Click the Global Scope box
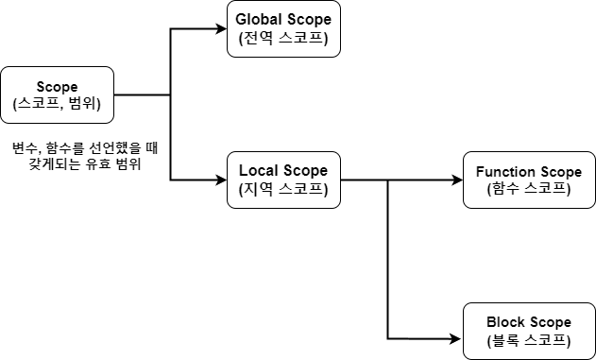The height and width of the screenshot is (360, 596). [x=283, y=29]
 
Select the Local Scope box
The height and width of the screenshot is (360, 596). [x=283, y=180]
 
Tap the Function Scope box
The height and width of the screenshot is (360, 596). [x=528, y=180]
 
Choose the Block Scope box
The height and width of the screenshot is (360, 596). [x=528, y=331]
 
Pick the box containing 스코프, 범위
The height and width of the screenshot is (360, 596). [x=57, y=95]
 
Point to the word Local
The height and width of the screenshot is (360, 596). [x=259, y=171]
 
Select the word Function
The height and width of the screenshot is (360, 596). [x=506, y=172]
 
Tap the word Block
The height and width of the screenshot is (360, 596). [x=505, y=322]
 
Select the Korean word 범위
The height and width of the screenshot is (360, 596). [x=81, y=105]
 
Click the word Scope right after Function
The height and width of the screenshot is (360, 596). [x=560, y=172]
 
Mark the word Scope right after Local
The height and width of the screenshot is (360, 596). [x=305, y=171]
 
